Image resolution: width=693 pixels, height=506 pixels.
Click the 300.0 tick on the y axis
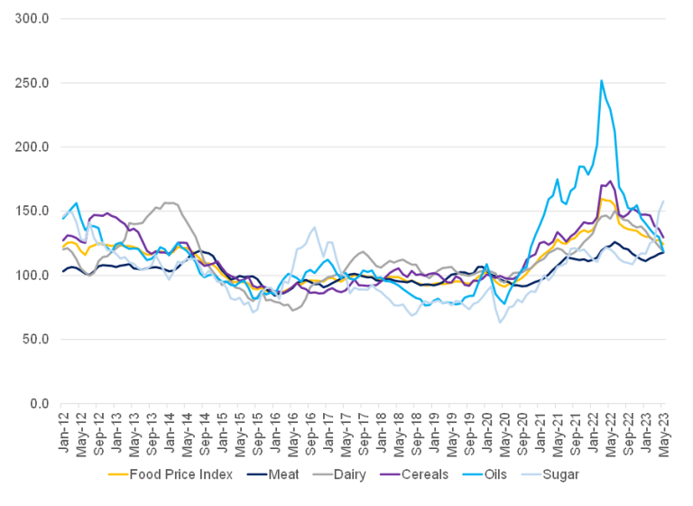pos(33,18)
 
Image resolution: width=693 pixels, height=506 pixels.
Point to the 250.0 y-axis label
pos(33,82)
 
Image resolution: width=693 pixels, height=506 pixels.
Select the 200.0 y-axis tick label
pos(33,146)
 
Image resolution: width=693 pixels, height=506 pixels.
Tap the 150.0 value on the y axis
pos(33,211)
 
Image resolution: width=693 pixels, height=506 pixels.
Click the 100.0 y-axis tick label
pos(33,275)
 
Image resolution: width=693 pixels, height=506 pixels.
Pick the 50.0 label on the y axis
pos(36,339)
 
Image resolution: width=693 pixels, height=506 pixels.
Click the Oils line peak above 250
pos(602,80)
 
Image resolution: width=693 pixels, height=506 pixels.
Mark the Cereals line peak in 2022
pos(610,182)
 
